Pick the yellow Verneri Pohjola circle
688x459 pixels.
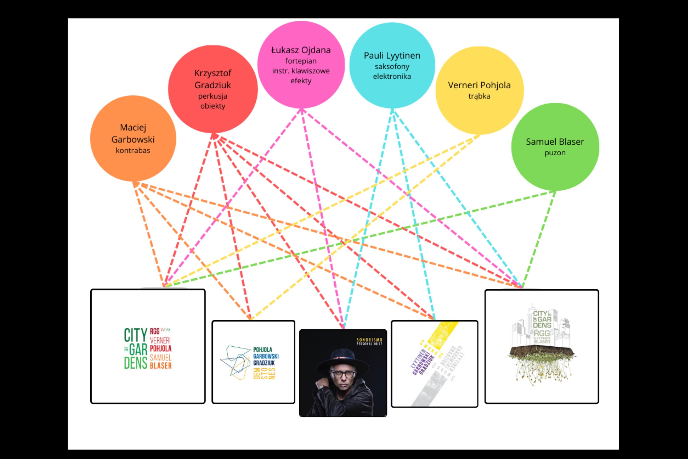pos(479,114)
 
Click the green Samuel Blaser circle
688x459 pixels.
pos(555,170)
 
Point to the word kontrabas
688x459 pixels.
pos(133,150)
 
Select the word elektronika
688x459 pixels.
pos(392,76)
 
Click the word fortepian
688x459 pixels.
pos(301,61)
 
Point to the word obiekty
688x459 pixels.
pos(213,106)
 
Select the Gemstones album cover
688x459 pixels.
pos(253,362)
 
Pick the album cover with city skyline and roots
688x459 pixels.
pos(542,347)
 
